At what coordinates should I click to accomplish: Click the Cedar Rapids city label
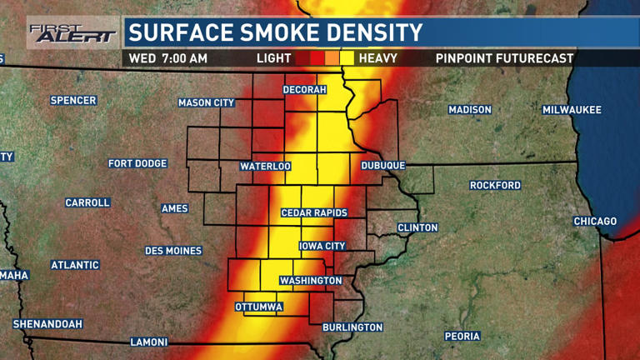[314, 213]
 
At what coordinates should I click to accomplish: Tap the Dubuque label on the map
[382, 166]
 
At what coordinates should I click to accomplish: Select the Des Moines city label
[173, 251]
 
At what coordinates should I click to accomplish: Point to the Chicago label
[595, 222]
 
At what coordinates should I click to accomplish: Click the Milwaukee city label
[572, 110]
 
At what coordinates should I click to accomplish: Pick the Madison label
[470, 110]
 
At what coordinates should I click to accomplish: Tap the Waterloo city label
[265, 167]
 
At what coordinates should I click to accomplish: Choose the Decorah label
[304, 90]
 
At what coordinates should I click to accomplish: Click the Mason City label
[206, 103]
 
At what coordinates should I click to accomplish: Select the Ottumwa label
[259, 307]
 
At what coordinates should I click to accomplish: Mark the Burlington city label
[352, 327]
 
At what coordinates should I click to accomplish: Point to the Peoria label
[462, 337]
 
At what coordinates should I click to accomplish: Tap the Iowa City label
[322, 247]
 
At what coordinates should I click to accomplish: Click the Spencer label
[73, 101]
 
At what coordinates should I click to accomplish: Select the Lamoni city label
[149, 342]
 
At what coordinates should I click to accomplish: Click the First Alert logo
[73, 33]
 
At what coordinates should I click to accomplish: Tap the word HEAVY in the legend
[377, 58]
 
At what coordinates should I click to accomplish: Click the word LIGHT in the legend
[273, 58]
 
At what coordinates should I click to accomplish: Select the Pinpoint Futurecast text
[504, 58]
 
